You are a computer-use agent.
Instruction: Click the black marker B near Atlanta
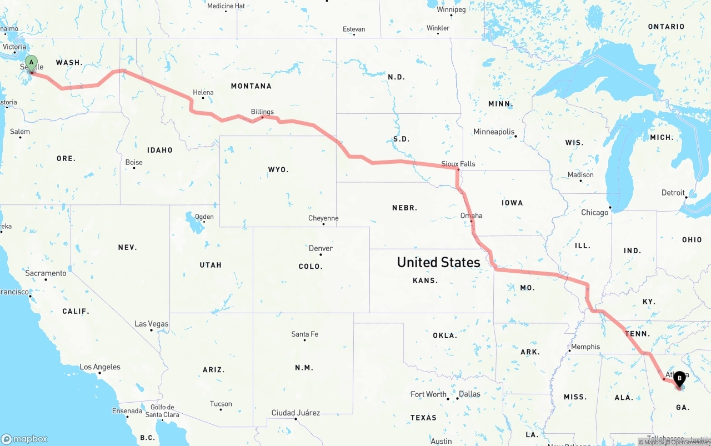pos(679,378)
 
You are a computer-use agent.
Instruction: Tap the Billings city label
pos(262,112)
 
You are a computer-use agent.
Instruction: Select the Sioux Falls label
pos(458,164)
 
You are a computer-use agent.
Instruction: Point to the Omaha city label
pos(471,216)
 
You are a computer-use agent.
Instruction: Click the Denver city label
pos(321,248)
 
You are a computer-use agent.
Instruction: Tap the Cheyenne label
pos(323,218)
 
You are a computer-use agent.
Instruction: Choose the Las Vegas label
pos(151,324)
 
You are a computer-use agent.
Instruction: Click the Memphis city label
pos(585,347)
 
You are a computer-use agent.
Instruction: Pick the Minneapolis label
pos(494,132)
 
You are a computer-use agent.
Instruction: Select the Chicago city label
pos(594,212)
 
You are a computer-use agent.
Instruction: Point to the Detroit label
pos(673,193)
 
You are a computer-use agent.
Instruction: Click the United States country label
pos(438,262)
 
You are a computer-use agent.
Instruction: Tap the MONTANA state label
pos(251,86)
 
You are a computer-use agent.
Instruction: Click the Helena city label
pos(203,92)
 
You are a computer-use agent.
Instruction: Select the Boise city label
pos(134,162)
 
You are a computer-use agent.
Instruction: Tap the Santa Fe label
pos(304,334)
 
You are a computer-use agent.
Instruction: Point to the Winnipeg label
pos(450,9)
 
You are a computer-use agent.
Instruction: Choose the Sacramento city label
pos(46,273)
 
